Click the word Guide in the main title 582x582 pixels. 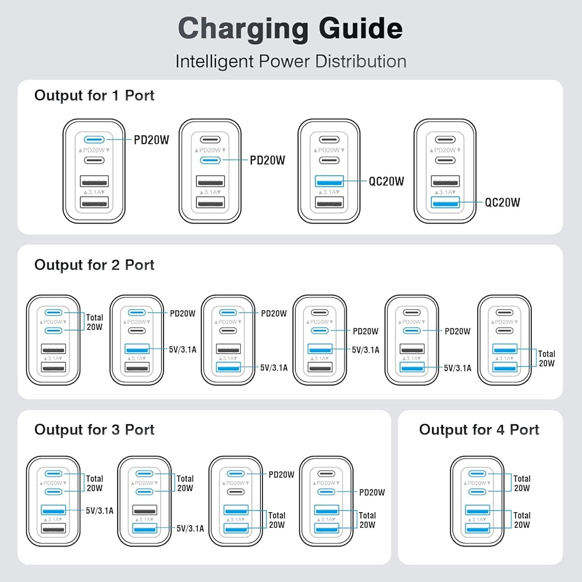click(360, 29)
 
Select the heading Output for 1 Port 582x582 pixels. click(94, 95)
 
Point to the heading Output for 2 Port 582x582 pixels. click(94, 265)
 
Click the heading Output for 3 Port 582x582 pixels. click(94, 430)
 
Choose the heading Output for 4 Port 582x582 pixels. click(479, 430)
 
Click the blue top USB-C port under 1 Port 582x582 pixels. click(94, 140)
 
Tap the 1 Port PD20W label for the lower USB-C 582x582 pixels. click(268, 161)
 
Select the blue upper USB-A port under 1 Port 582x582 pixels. click(329, 182)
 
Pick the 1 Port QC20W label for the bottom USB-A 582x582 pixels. click(503, 203)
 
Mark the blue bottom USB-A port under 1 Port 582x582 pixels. click(445, 203)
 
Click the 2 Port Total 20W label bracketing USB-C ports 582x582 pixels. click(95, 322)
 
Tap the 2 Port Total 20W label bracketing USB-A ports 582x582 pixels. click(546, 359)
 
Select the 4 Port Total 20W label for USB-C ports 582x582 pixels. click(522, 483)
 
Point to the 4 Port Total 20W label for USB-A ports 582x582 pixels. click(522, 520)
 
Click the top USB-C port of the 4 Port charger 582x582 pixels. click(477, 474)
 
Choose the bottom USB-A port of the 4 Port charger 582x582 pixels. click(477, 528)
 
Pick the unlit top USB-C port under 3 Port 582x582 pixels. click(327, 474)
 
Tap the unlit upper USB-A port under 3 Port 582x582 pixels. click(145, 510)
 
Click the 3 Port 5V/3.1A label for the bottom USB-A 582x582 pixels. click(190, 528)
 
